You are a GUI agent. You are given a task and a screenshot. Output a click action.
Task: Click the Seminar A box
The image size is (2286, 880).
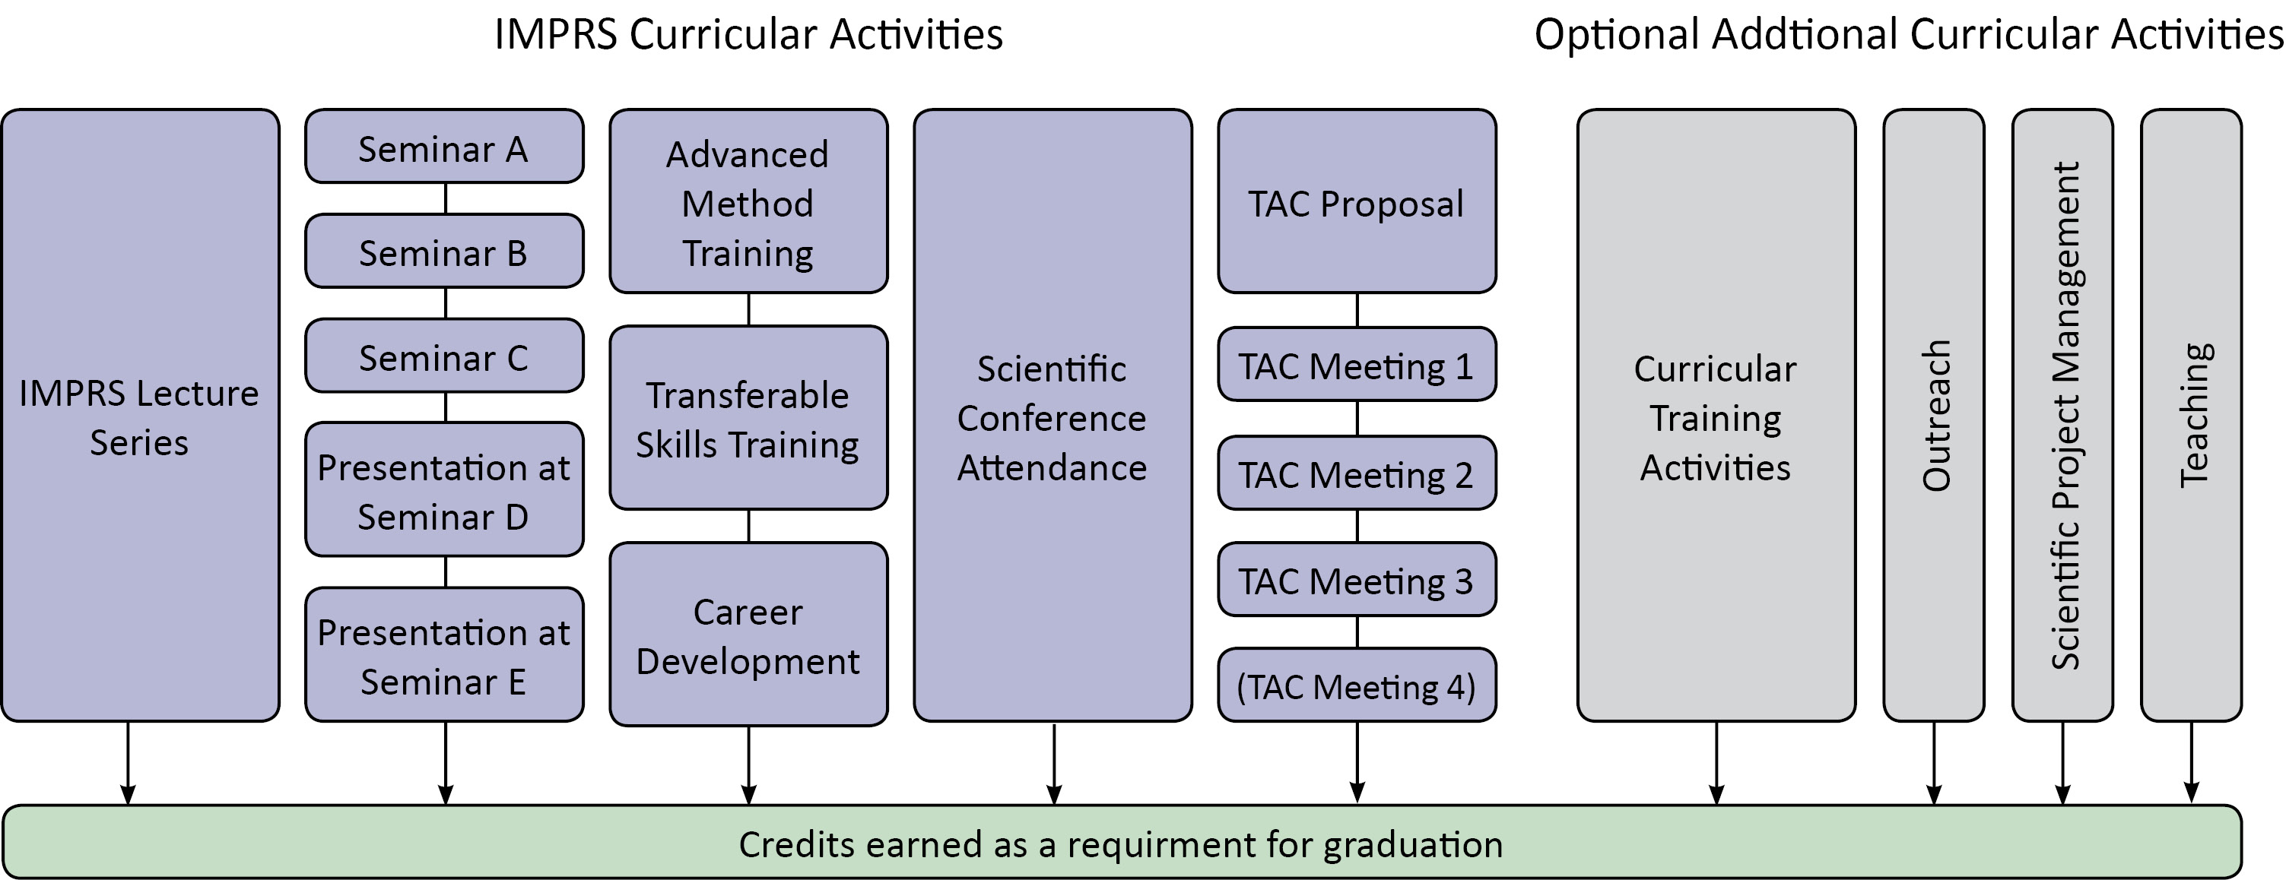coord(443,147)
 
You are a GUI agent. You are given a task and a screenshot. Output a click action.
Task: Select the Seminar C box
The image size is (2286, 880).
coord(443,356)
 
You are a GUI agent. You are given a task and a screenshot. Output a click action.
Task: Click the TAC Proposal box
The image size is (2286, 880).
coord(1356,202)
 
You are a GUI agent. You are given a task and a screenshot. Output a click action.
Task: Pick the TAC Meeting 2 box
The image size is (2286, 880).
coord(1356,473)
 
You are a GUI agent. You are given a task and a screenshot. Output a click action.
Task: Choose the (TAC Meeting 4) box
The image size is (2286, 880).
coord(1356,685)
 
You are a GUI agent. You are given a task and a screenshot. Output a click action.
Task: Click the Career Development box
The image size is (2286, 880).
coord(748,635)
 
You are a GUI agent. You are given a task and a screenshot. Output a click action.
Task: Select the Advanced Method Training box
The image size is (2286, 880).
coord(748,202)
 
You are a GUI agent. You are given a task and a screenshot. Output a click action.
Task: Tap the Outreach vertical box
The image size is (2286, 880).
coord(1934,415)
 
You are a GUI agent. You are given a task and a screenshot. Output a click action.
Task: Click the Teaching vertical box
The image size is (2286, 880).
coord(2191,415)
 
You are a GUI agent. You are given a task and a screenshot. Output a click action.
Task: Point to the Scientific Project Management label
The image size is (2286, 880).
coord(2063,415)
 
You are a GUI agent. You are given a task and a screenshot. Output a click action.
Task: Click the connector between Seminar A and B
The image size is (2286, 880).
coord(446,198)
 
